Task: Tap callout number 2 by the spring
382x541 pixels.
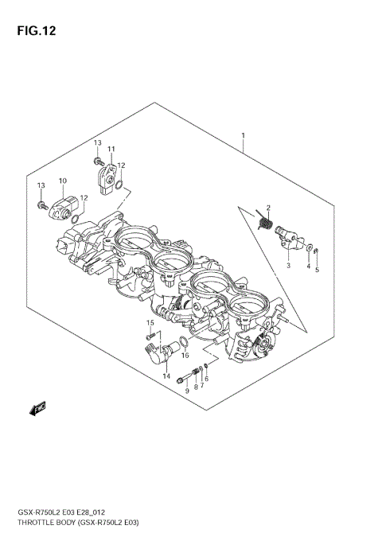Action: coord(269,207)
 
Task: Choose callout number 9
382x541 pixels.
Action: coord(187,391)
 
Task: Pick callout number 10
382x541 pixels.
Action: coord(62,181)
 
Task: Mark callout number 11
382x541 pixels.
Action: coord(111,149)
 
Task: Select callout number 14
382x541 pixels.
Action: coord(166,376)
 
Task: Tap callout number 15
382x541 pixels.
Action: coord(149,322)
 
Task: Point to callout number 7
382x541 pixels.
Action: coord(202,385)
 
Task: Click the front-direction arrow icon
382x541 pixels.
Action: coord(37,410)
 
